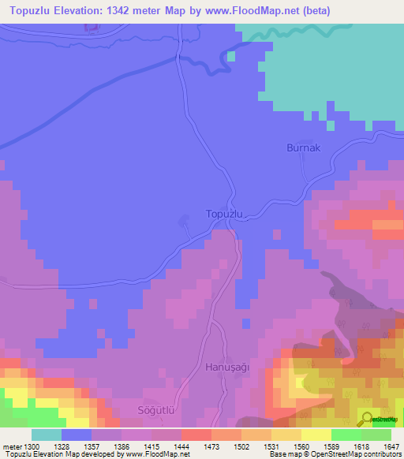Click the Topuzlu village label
click(227, 214)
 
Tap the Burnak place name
click(302, 147)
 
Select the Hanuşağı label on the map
click(227, 367)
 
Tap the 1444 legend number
click(181, 446)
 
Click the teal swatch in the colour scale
click(47, 435)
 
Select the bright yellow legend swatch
click(316, 435)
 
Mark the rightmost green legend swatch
click(376, 435)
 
